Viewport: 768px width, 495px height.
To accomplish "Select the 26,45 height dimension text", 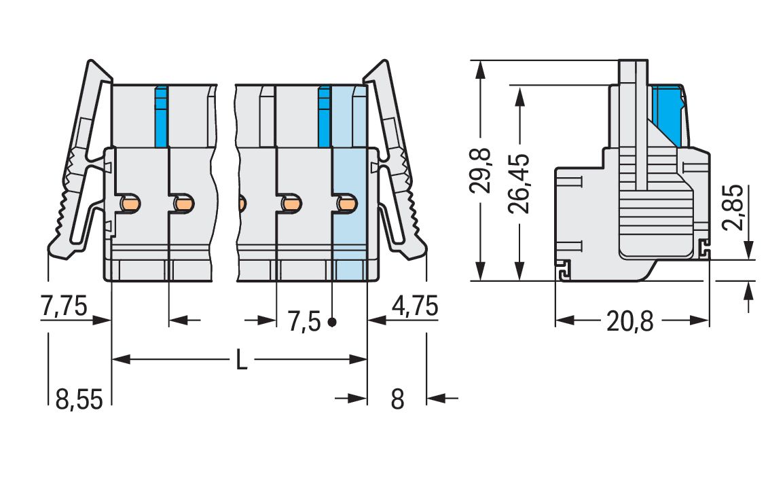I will click(x=520, y=183).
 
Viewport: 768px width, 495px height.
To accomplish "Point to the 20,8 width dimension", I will click(x=629, y=321).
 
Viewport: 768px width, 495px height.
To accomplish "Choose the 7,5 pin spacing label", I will click(x=304, y=321).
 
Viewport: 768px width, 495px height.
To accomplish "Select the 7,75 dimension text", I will click(x=64, y=307).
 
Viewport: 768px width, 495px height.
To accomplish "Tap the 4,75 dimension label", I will click(x=414, y=307).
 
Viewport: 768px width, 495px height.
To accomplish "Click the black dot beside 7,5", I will click(x=331, y=322).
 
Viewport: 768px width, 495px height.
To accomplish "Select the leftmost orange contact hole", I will click(x=130, y=203).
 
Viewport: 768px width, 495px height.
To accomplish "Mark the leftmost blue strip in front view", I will click(x=161, y=116).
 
